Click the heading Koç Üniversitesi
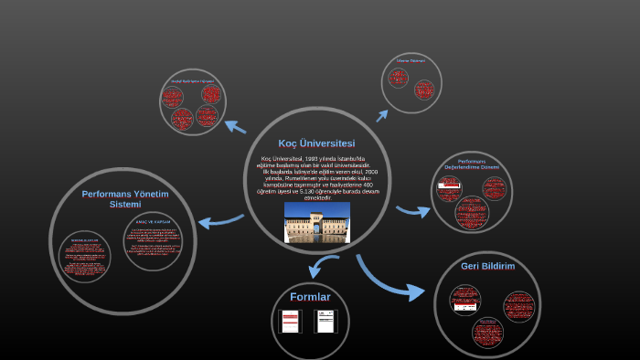tap(316, 143)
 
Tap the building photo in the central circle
tap(316, 222)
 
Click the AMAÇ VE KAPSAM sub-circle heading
tap(153, 222)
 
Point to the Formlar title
tap(310, 297)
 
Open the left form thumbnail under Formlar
tap(290, 321)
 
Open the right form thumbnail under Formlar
tap(326, 321)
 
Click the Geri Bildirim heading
tap(487, 266)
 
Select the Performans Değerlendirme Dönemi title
tap(472, 164)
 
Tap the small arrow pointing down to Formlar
tap(322, 266)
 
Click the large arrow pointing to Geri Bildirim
tap(388, 278)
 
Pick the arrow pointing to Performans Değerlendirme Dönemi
tap(413, 211)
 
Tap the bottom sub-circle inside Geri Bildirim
tap(488, 332)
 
